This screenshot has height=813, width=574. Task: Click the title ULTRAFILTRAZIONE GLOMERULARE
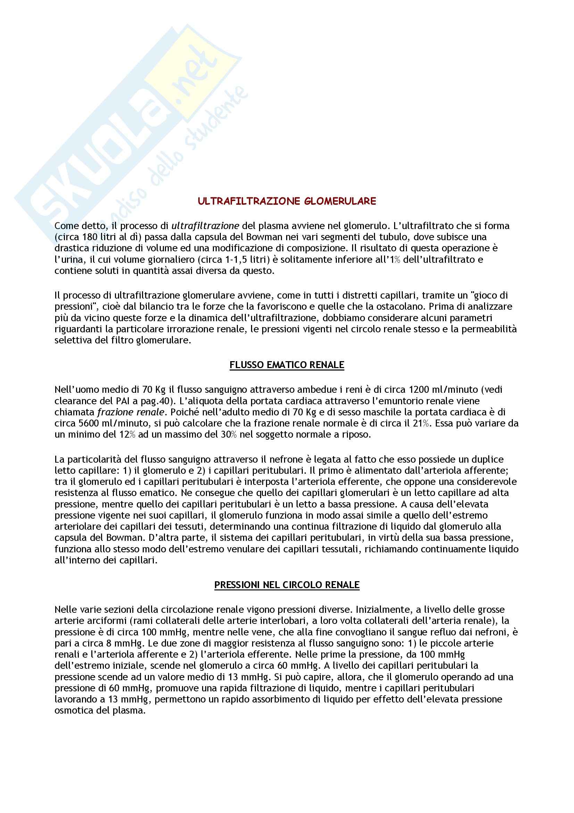tap(287, 202)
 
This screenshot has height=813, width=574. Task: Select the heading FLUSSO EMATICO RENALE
tap(287, 365)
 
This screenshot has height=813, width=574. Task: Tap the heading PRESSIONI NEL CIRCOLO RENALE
tap(287, 585)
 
